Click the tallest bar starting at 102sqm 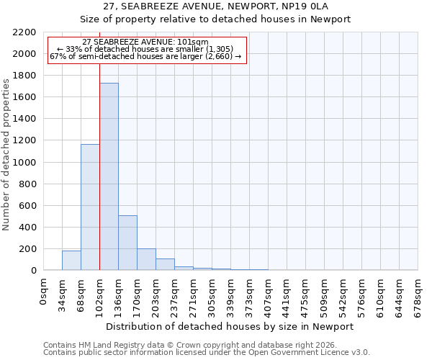coord(109,176)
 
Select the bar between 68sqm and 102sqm coord(90,207)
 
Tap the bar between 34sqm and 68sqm coord(71,261)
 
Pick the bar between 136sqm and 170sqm coord(127,243)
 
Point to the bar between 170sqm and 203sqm coord(146,259)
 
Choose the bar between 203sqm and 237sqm coord(165,264)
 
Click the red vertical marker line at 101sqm coord(99,180)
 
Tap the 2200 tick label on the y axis coord(24,32)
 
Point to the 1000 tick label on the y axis coord(24,163)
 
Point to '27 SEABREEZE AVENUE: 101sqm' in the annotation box coord(145,42)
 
